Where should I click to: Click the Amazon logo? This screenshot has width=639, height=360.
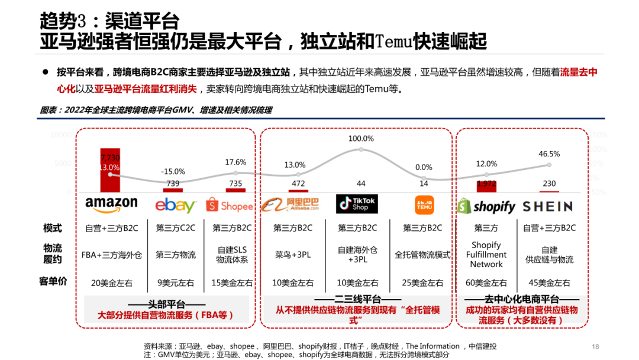click(111, 205)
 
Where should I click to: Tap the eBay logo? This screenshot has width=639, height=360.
click(175, 205)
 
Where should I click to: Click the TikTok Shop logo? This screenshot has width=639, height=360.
click(357, 204)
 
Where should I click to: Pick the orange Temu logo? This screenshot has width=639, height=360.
click(424, 205)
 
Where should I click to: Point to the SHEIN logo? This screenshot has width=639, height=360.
click(547, 206)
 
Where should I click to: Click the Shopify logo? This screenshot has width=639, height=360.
click(486, 206)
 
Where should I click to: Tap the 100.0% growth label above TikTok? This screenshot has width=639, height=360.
click(361, 139)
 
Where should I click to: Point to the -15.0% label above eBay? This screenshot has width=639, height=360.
click(173, 171)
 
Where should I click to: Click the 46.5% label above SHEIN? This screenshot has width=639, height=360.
click(549, 154)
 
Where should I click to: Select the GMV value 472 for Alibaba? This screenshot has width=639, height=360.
click(296, 184)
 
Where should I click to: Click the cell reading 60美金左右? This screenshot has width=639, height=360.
click(486, 282)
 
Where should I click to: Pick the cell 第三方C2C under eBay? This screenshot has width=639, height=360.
click(175, 228)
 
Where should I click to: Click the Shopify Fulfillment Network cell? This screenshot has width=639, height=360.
click(486, 255)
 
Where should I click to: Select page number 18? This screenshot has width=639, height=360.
click(596, 346)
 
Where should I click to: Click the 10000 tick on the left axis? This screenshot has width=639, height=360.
click(60, 135)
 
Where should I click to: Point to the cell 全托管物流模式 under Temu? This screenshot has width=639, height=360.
click(422, 255)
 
